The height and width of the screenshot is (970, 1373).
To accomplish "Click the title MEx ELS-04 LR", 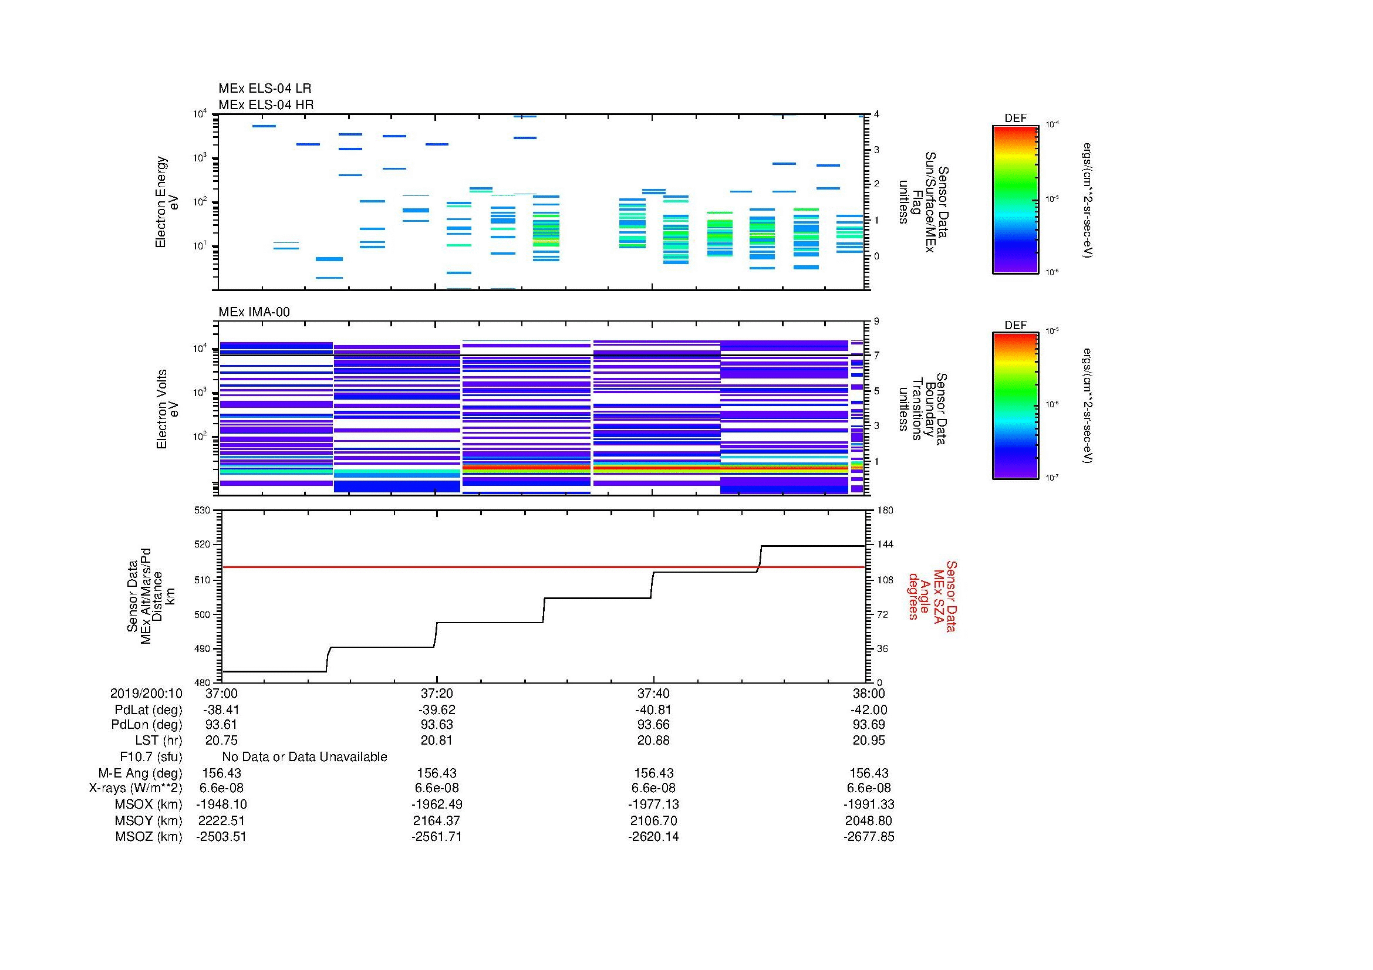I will [x=265, y=89].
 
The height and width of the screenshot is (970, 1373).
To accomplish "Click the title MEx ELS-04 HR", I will [x=266, y=104].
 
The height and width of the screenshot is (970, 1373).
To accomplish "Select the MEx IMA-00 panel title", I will [x=254, y=312].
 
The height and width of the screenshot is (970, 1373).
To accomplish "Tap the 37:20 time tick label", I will [x=437, y=693].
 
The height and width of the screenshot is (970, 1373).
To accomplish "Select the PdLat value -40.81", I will [x=653, y=710].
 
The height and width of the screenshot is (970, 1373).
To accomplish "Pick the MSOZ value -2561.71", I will [x=437, y=837].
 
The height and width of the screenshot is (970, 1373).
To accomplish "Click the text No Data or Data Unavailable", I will [x=305, y=757].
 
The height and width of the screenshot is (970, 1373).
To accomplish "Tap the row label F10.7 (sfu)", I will [x=151, y=757].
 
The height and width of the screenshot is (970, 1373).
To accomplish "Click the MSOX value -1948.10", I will [x=221, y=805].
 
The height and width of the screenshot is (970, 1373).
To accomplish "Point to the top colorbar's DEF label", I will [x=1016, y=119].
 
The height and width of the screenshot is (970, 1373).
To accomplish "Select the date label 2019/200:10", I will [x=146, y=693].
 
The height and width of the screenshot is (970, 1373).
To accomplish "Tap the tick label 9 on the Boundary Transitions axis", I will [x=876, y=322].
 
